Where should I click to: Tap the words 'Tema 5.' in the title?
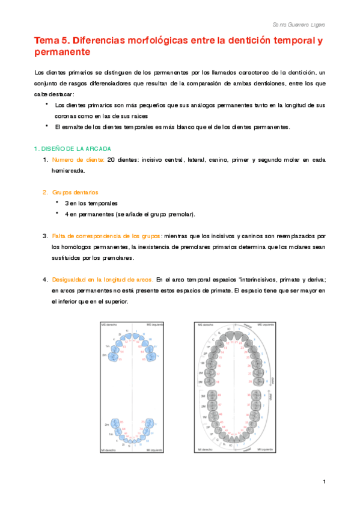pos(52,41)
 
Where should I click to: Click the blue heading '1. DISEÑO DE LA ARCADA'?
pos(72,148)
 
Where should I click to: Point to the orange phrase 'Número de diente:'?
pos(78,159)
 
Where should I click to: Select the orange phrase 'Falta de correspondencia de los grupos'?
pos(106,236)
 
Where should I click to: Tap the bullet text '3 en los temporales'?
pos(91,203)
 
